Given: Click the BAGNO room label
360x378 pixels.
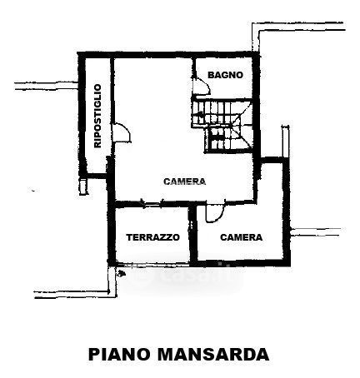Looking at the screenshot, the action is [x=225, y=75].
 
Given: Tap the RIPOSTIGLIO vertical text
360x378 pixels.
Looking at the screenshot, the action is [x=97, y=116].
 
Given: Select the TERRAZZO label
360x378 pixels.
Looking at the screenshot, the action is [x=152, y=237].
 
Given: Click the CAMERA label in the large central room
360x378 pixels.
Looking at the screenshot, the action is [x=185, y=182].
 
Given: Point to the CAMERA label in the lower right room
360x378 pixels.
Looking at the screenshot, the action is [x=241, y=237].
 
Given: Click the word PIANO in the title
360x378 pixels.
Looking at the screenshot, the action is [x=119, y=354].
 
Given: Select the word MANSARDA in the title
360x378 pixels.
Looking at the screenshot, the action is [x=213, y=354].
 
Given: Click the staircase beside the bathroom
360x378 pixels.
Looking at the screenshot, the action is [x=222, y=125].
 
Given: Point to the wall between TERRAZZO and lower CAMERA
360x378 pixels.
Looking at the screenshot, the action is [x=192, y=235].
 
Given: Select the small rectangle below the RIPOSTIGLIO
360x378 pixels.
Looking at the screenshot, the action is [x=83, y=187].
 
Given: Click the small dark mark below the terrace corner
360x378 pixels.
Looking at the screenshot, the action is [x=122, y=273].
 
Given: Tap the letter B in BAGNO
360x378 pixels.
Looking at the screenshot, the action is [x=211, y=75].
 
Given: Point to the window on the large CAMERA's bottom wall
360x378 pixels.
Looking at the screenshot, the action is [x=152, y=204].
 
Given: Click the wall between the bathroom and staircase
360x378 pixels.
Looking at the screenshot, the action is [x=222, y=98].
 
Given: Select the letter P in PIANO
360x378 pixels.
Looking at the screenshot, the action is [x=94, y=354].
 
